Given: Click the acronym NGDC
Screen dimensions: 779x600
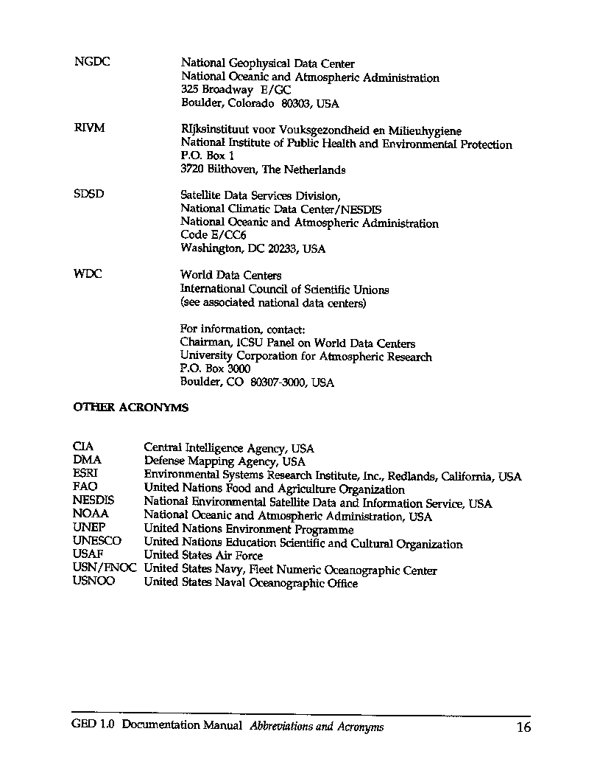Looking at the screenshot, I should coord(92,62).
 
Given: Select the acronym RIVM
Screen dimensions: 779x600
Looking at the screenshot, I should coord(89,128).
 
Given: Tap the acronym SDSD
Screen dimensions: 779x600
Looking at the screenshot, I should coord(89,195).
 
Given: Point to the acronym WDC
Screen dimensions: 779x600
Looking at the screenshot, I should coord(88,274).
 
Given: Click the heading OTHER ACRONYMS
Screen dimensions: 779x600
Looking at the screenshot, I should coord(130,408).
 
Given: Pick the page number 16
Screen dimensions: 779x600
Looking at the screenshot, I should coord(523,728).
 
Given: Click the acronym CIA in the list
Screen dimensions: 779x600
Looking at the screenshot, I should coord(83,447).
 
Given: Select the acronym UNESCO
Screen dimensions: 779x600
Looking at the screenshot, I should coord(96,541).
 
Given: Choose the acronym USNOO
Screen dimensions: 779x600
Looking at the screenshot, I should coord(94,581).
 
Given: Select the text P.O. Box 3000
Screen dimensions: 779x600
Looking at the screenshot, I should coord(215,368).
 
